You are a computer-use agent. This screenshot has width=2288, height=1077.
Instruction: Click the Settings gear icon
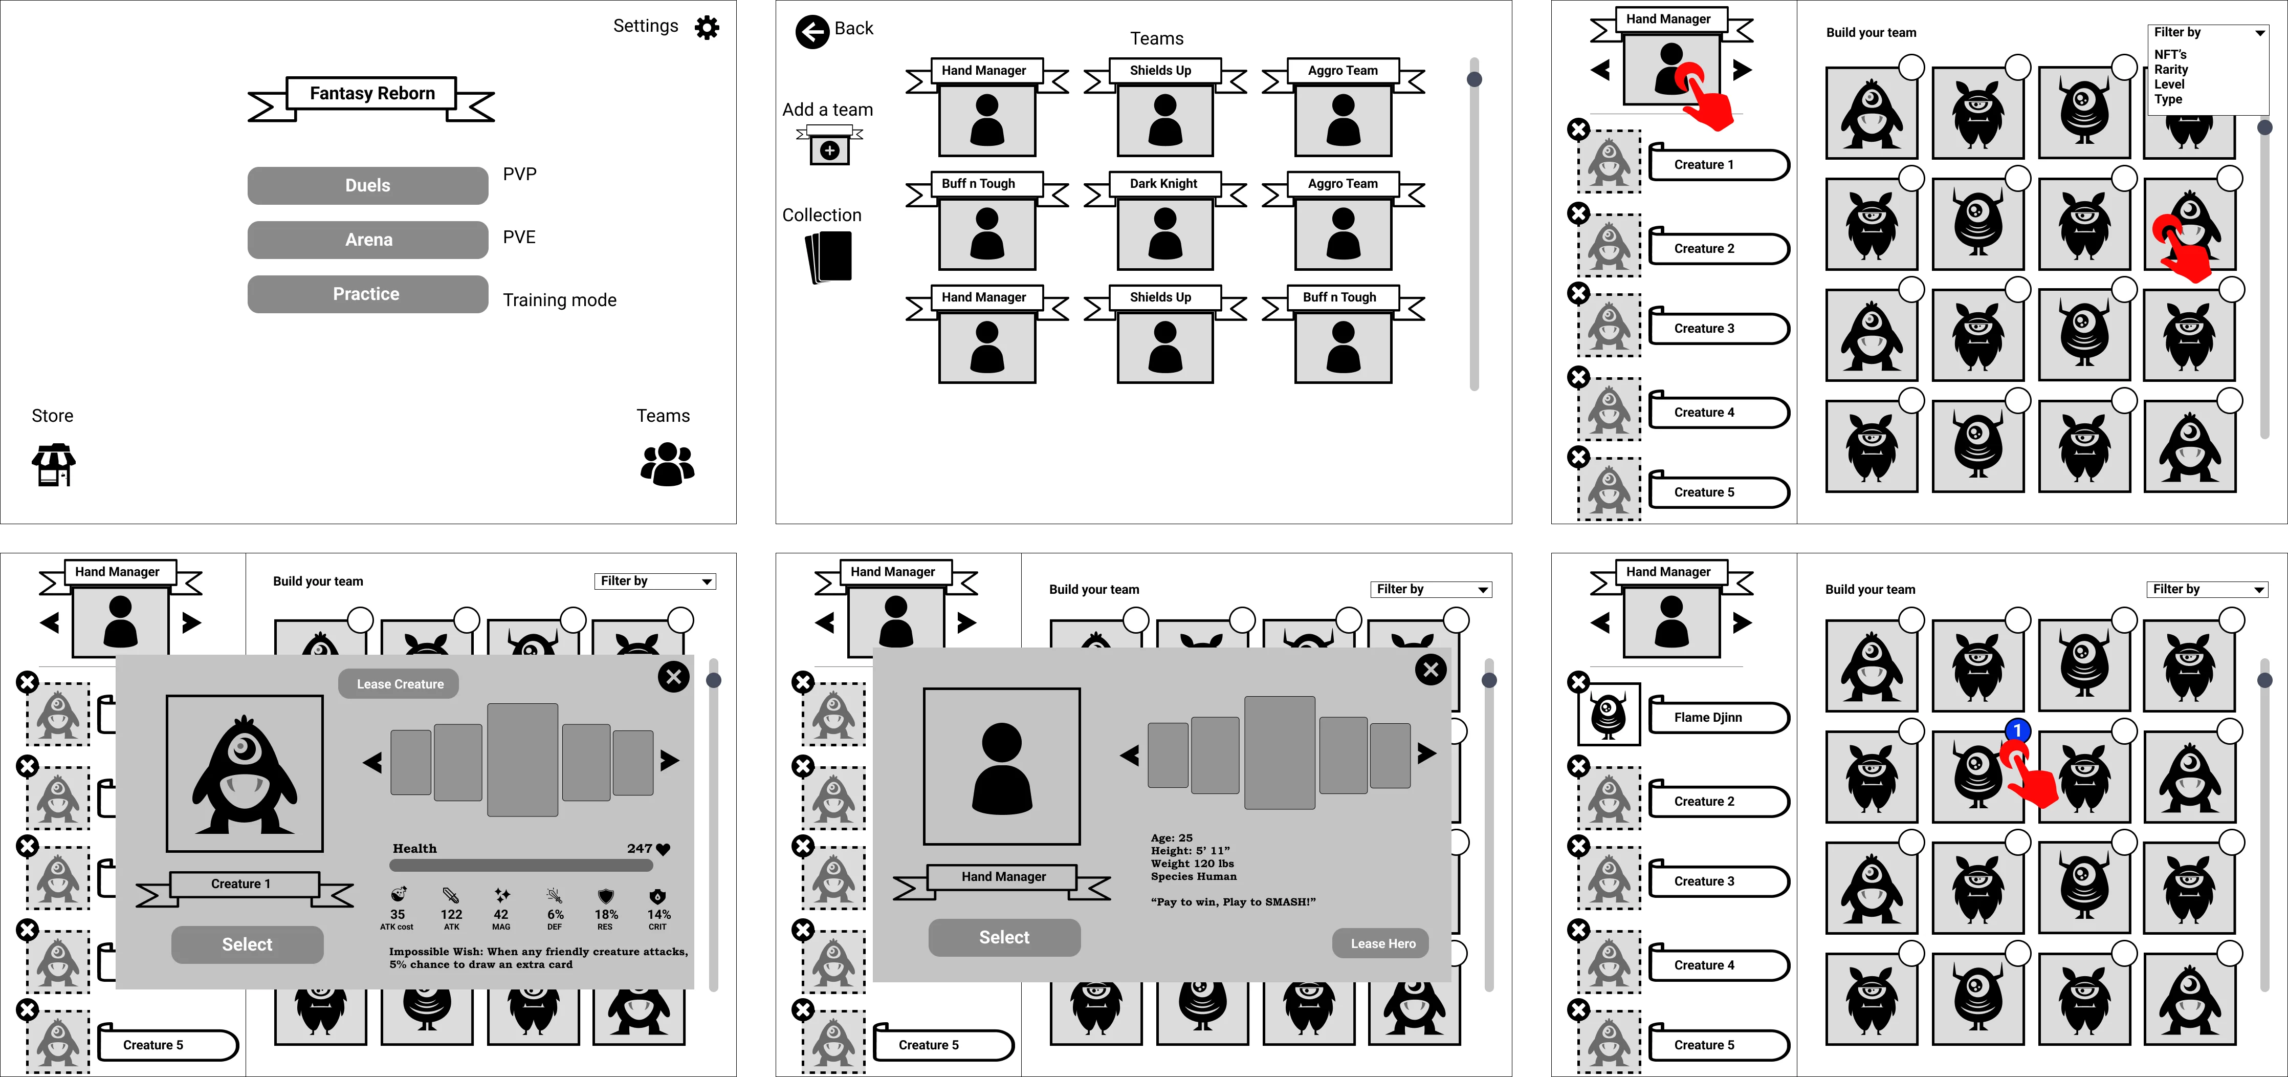(707, 28)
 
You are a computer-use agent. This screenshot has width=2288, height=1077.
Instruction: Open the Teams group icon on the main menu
(667, 464)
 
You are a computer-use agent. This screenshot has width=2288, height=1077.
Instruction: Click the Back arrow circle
(812, 32)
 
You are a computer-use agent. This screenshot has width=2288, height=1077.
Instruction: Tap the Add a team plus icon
(829, 150)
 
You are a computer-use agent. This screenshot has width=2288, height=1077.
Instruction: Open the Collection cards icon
(829, 257)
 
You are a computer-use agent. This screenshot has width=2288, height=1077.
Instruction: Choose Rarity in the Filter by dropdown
(2171, 69)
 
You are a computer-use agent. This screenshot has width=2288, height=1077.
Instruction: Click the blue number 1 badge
(2017, 730)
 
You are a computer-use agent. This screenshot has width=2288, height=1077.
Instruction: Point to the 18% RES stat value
(606, 914)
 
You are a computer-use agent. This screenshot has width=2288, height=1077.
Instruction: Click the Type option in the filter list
(2168, 99)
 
